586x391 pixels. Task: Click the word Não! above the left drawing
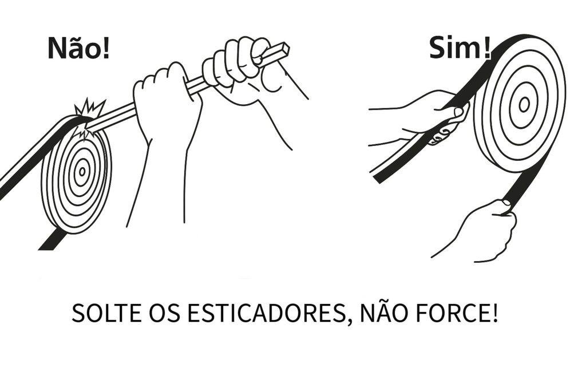click(79, 48)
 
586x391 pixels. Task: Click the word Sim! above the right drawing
click(460, 49)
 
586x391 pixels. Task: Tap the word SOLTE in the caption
click(106, 313)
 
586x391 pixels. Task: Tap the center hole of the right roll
click(524, 105)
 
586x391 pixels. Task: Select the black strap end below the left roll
click(52, 239)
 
